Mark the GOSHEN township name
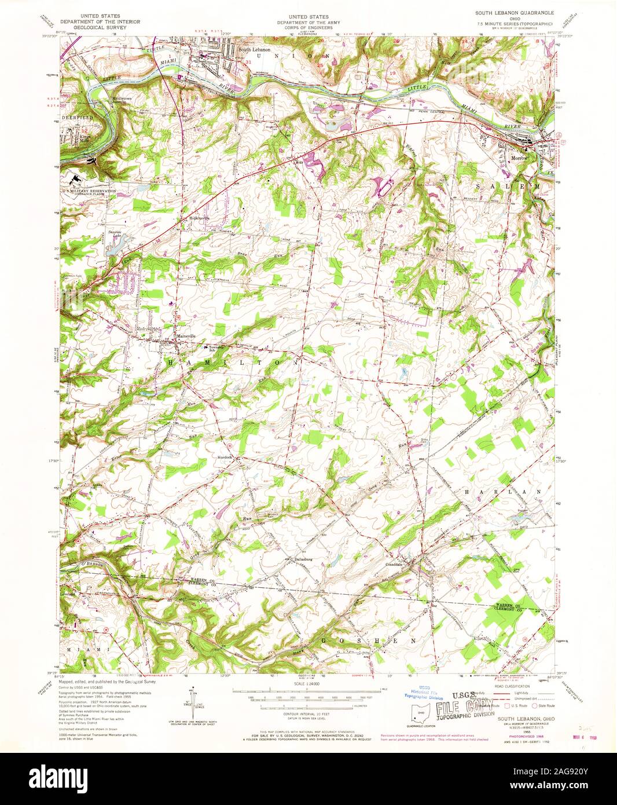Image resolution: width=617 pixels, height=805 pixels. click(x=368, y=641)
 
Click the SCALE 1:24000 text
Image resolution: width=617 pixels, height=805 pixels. click(x=306, y=684)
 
